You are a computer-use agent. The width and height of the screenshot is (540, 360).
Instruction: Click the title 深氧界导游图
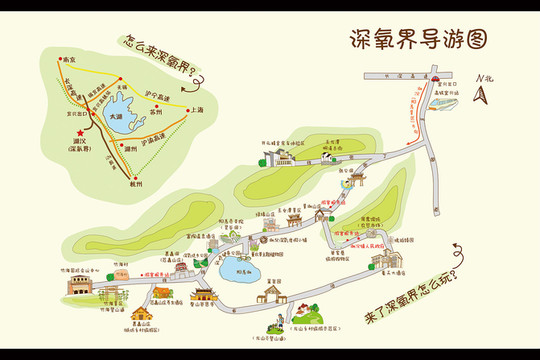point(420,39)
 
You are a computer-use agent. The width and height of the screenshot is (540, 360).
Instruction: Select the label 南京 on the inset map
point(68,60)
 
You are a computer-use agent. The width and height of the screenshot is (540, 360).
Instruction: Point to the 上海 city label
point(194,109)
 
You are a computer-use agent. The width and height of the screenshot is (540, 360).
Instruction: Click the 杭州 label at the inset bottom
point(136,184)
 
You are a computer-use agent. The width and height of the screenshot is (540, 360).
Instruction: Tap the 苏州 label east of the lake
point(154,100)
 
